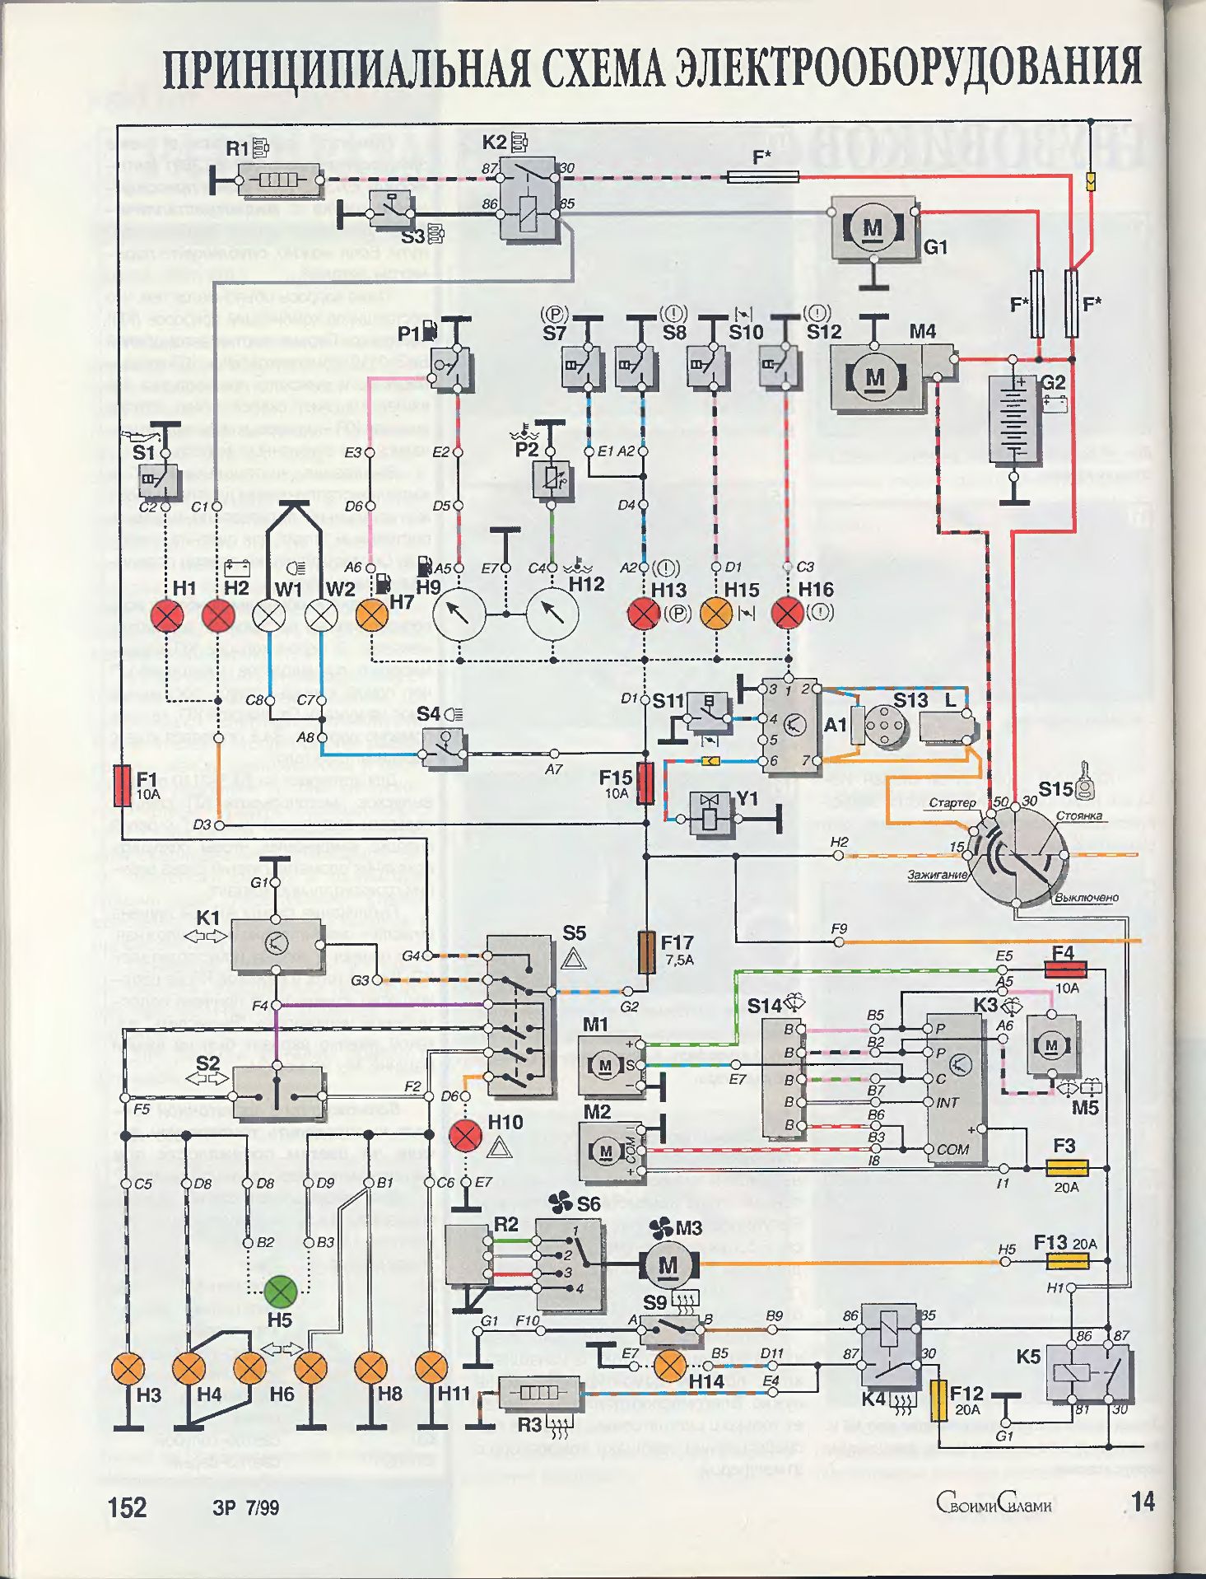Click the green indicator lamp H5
280,1291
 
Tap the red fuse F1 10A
123,785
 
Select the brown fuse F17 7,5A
648,952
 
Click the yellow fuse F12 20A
938,1400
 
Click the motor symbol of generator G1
873,228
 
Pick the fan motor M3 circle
668,1264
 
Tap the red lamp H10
465,1137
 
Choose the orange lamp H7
372,615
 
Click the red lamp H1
167,615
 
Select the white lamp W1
268,615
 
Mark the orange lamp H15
716,614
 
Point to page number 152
127,1507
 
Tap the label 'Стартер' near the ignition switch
952,802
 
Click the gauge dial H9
459,614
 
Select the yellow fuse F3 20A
1067,1168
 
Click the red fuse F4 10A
1065,969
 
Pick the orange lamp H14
671,1366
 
